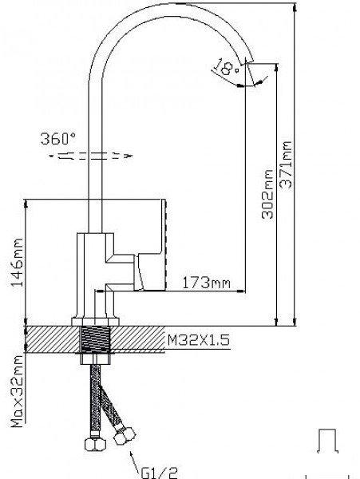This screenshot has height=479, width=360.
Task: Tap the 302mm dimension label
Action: [267, 194]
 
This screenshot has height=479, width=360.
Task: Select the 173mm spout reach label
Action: [206, 283]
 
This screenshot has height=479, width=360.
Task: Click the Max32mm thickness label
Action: [17, 392]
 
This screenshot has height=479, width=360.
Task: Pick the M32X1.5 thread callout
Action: [198, 340]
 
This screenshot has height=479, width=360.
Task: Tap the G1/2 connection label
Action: [160, 473]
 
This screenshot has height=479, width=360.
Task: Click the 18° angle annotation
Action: [227, 68]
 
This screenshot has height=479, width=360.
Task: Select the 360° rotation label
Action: [58, 138]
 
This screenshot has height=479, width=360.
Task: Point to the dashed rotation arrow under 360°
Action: [91, 156]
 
